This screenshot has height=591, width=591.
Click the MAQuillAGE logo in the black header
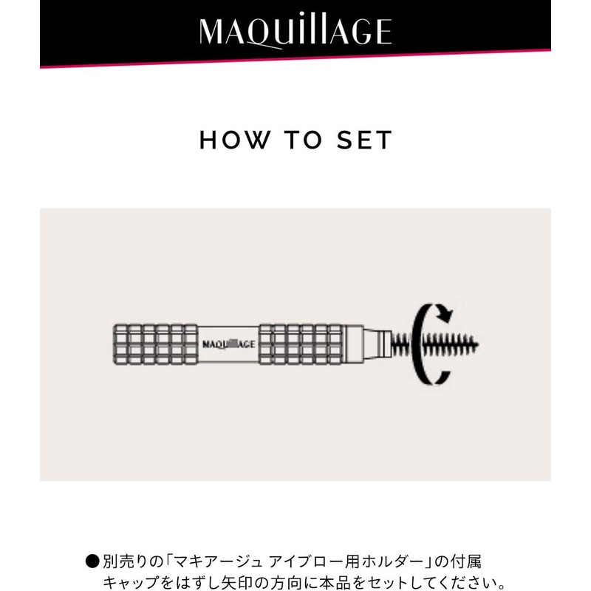[x=295, y=31]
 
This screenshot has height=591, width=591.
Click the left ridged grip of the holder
[x=155, y=344]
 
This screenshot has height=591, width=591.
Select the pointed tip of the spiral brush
[x=485, y=344]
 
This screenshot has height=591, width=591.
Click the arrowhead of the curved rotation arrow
[x=445, y=315]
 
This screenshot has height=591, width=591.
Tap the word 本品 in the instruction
[x=333, y=582]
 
